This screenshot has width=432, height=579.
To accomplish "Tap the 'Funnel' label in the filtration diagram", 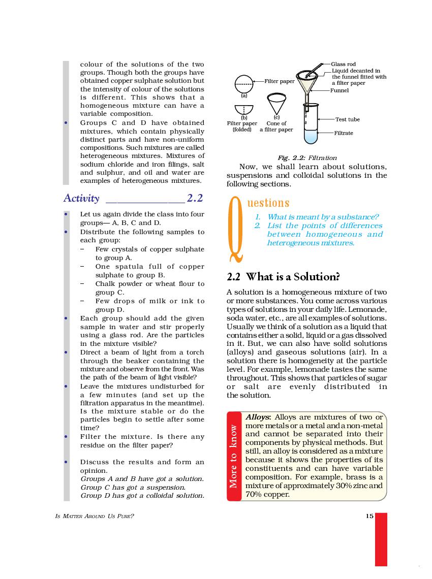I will tap(340, 90).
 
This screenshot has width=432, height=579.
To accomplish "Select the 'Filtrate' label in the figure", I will tap(343, 133).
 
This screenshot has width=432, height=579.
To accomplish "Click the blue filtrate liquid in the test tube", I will tap(310, 136).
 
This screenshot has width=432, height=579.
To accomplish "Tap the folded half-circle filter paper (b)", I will tap(244, 109).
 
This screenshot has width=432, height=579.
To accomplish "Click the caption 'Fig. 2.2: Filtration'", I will tap(307, 158).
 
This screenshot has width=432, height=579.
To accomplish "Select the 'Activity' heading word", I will tap(81, 199).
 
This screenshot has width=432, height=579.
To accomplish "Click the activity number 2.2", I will tap(195, 198).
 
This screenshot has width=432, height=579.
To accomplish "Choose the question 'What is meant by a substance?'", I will tap(323, 217).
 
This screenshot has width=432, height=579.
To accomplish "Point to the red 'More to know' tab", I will tap(234, 456).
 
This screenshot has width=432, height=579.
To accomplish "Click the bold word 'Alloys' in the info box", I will tap(258, 417).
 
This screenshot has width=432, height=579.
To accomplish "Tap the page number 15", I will tap(369, 516).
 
